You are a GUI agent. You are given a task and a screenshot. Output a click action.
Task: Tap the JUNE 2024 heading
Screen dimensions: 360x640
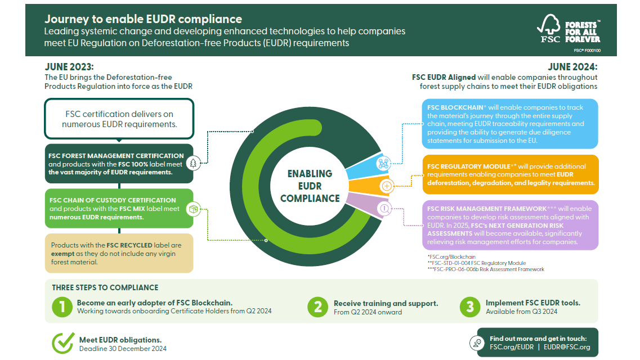(572, 66)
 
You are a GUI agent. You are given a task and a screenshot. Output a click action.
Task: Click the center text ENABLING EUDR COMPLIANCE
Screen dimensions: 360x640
(310, 186)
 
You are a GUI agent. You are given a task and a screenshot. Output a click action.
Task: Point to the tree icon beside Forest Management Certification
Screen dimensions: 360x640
(194, 163)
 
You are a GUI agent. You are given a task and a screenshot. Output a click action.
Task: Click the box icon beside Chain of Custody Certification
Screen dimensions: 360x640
(194, 209)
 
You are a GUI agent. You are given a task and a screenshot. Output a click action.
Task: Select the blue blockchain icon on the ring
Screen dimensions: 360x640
(384, 163)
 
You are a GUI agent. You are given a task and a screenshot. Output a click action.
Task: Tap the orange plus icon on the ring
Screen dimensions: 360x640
(387, 186)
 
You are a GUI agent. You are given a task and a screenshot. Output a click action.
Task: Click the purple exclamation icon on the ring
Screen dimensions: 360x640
(384, 209)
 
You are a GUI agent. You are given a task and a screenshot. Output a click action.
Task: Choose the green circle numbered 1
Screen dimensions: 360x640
(62, 307)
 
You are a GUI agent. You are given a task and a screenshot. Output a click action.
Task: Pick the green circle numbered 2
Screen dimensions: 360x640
(318, 307)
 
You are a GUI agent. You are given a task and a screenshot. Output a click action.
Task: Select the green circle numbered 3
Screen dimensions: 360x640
(470, 307)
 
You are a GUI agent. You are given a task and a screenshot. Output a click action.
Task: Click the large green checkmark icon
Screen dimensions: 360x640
(63, 342)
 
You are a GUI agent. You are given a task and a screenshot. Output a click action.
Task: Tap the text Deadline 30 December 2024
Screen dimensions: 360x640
(123, 348)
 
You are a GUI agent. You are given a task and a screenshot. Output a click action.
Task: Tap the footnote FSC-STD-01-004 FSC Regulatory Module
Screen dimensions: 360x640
(478, 263)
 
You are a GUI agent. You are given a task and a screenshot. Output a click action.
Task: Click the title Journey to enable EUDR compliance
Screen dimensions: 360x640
(143, 20)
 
